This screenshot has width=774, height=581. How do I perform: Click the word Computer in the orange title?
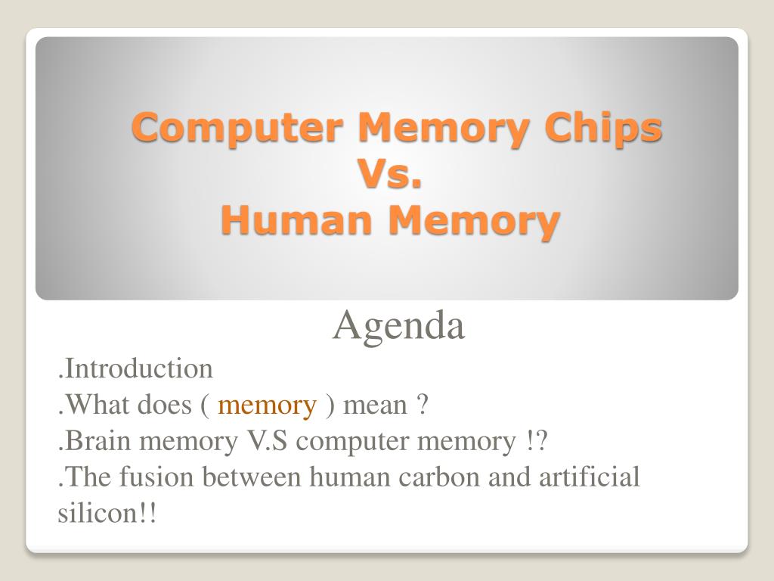(237, 127)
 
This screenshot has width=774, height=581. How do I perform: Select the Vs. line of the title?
(391, 174)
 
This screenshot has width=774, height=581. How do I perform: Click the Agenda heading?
(399, 326)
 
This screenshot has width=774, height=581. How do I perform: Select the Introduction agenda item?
(135, 368)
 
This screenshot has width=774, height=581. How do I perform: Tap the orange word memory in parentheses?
(267, 406)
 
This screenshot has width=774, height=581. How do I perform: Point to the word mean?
(375, 406)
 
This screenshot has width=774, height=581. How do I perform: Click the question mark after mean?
(423, 405)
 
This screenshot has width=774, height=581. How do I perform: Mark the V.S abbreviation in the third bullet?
(267, 441)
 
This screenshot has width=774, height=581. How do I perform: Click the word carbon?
(439, 477)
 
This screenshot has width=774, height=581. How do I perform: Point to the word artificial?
(590, 477)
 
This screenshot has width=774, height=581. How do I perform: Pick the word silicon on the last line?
(93, 513)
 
